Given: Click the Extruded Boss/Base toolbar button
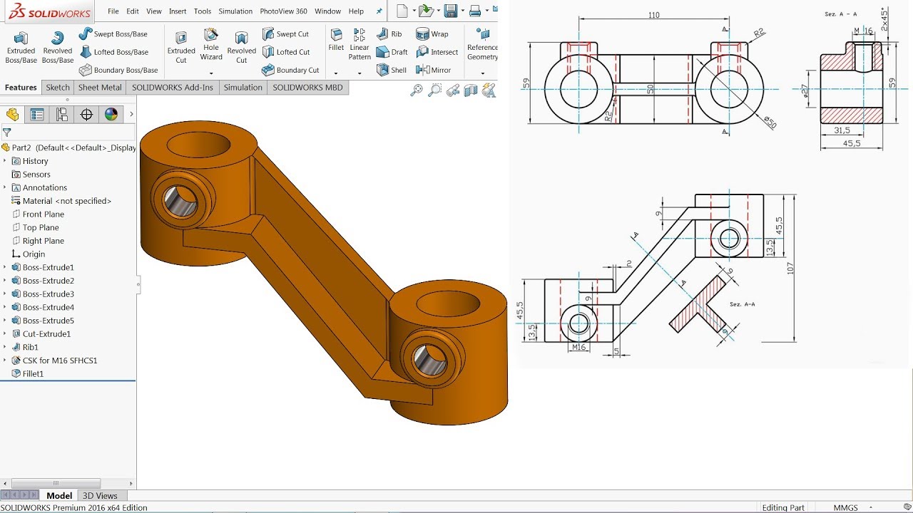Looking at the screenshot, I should point(21,46).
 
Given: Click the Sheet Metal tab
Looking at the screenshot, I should point(99,88).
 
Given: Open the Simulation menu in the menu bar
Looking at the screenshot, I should point(235,11).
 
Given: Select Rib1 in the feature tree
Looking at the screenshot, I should point(30,347).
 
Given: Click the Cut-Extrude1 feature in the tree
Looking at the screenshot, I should point(46,333).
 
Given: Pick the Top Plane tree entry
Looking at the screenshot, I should point(40,227).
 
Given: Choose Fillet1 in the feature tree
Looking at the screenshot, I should point(33,373).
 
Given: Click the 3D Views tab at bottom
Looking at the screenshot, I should point(100,496).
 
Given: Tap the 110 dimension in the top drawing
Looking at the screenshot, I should point(653,15).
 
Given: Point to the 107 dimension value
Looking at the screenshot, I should point(790,267).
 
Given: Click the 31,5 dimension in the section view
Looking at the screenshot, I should point(842,130).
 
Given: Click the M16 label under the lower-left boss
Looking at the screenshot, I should point(578,347).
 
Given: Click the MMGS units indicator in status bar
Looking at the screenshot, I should point(845,508).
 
